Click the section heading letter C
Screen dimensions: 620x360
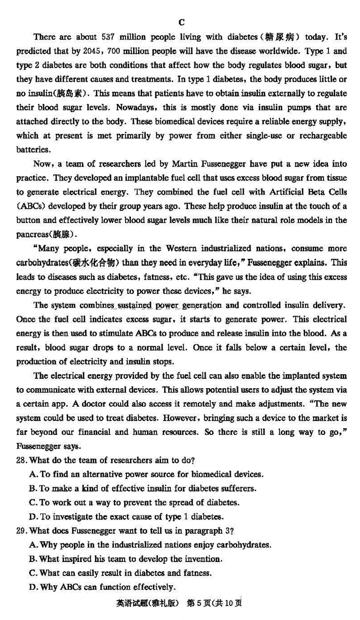181,22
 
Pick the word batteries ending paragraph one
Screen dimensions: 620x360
32,149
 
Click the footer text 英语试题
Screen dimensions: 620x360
130,603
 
